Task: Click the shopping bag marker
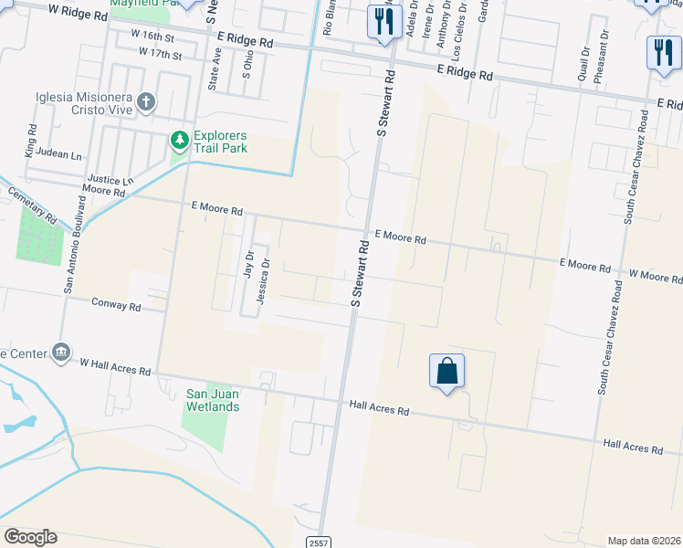pyautogui.click(x=447, y=371)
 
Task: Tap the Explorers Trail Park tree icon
pyautogui.click(x=180, y=140)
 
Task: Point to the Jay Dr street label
pyautogui.click(x=247, y=265)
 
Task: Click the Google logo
pyautogui.click(x=30, y=537)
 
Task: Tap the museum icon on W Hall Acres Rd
pyautogui.click(x=61, y=352)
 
